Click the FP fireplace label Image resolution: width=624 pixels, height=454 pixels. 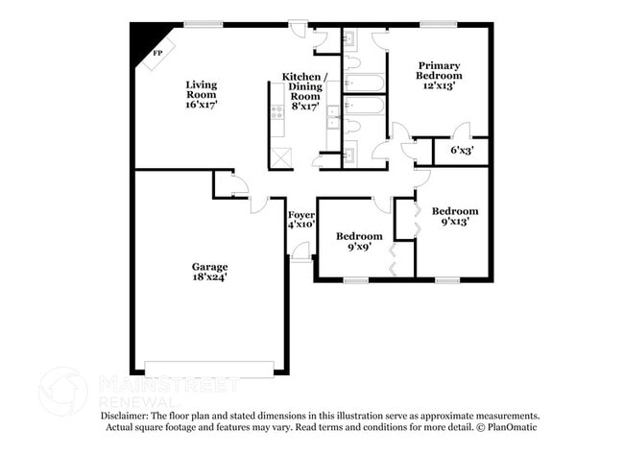(x=157, y=54)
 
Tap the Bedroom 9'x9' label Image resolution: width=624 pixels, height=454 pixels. (x=359, y=241)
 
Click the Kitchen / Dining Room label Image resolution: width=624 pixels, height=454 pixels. (x=304, y=88)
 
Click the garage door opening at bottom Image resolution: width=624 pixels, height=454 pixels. (x=208, y=366)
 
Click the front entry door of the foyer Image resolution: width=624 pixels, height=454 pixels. (x=300, y=251)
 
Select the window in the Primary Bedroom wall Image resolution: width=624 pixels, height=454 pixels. (x=438, y=24)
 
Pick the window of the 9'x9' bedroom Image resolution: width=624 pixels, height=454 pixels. (x=355, y=280)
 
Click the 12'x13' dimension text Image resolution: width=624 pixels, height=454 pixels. (x=439, y=85)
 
